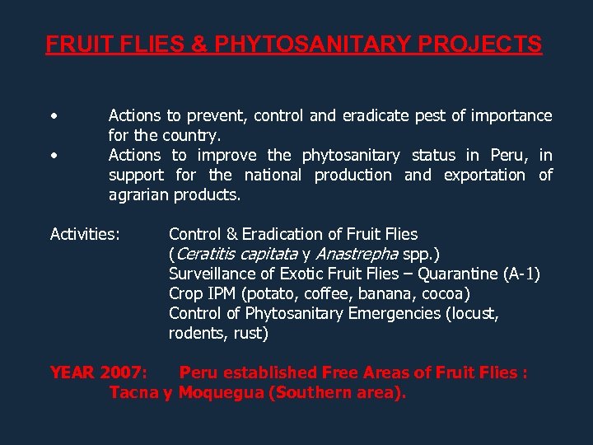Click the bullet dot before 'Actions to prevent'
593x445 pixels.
pos(54,115)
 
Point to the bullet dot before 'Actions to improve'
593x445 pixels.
pos(54,155)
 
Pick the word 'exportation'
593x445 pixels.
pos(484,175)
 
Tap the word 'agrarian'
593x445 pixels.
pos(138,194)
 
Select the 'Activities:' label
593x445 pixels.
pos(85,235)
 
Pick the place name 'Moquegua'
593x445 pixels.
pos(221,392)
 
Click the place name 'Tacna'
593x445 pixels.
pos(134,392)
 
